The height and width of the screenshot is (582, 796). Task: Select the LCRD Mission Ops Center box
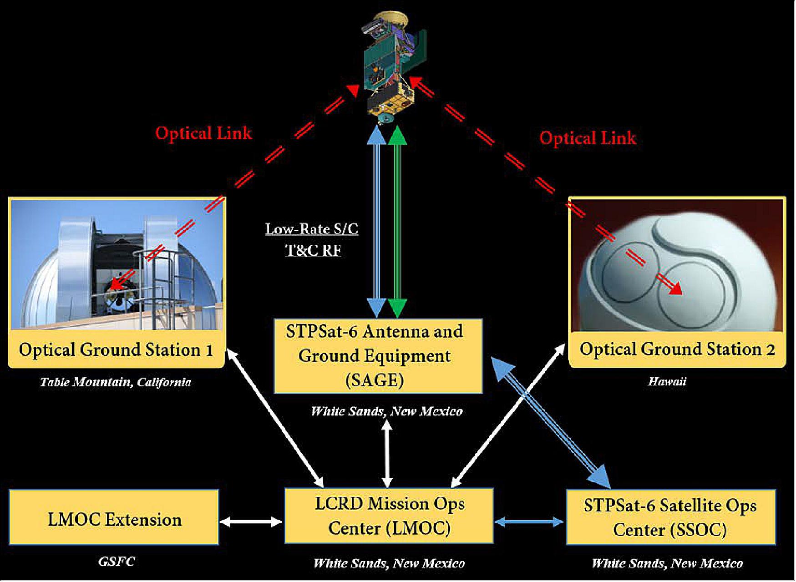pyautogui.click(x=389, y=516)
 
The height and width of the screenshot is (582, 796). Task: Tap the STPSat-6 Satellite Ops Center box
pyautogui.click(x=670, y=517)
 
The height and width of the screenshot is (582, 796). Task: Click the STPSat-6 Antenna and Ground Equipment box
pyautogui.click(x=378, y=356)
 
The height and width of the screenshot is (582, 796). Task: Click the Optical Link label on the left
pyautogui.click(x=203, y=133)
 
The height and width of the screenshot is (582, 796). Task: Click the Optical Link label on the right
pyautogui.click(x=587, y=137)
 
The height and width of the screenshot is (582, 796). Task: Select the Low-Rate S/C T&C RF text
pyautogui.click(x=312, y=239)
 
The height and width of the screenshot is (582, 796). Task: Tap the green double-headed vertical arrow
pyautogui.click(x=398, y=221)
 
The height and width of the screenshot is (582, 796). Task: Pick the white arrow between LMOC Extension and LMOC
pyautogui.click(x=251, y=522)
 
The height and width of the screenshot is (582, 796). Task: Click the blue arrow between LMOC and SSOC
pyautogui.click(x=529, y=522)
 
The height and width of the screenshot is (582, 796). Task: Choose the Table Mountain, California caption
pyautogui.click(x=115, y=382)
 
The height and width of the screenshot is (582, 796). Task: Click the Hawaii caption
pyautogui.click(x=667, y=381)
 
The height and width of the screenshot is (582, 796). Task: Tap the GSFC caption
pyautogui.click(x=117, y=562)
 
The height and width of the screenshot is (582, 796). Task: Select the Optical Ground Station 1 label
pyautogui.click(x=116, y=350)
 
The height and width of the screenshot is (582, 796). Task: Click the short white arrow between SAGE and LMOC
pyautogui.click(x=387, y=453)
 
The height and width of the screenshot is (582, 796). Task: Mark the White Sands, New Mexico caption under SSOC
pyautogui.click(x=667, y=563)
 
